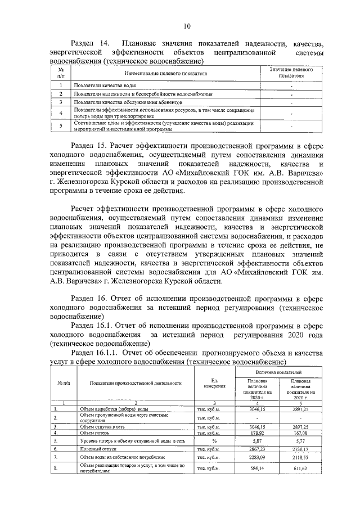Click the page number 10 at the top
tap(187, 25)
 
